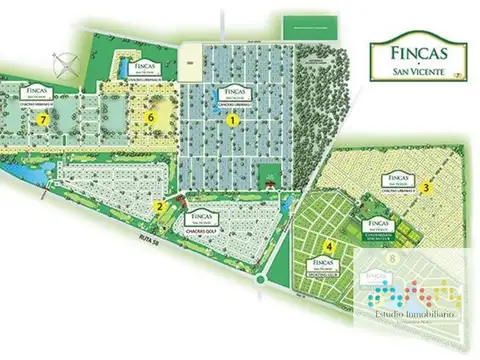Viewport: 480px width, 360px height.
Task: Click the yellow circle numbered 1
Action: point(233,119)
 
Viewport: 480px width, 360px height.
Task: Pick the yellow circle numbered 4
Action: point(329,246)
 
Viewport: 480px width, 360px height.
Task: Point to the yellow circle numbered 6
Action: point(150,117)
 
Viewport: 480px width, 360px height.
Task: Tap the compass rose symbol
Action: point(67,62)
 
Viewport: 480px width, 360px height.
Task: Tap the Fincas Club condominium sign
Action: point(375,227)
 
